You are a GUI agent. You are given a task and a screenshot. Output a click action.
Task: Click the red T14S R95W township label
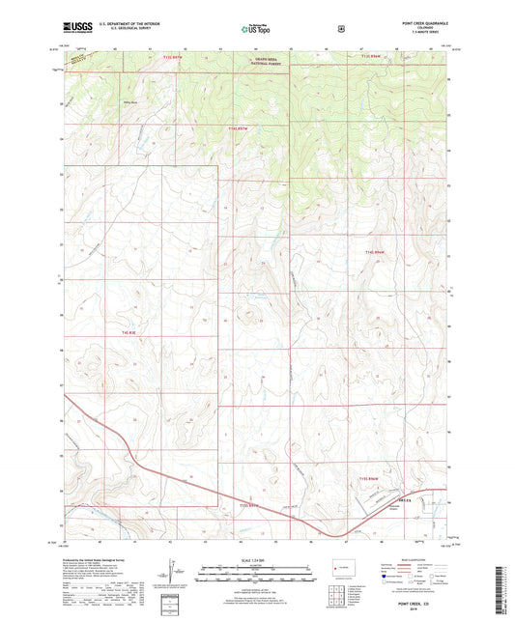[239, 128]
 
